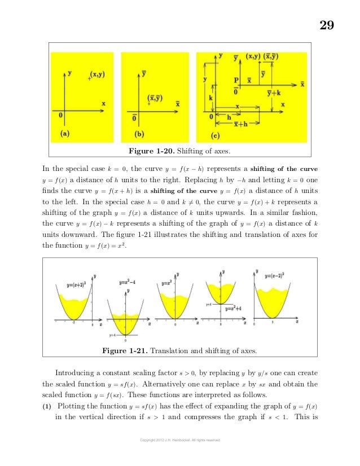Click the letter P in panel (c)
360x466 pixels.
pyautogui.click(x=236, y=81)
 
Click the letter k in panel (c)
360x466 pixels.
pyautogui.click(x=211, y=98)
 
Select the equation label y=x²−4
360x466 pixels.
pyautogui.click(x=129, y=282)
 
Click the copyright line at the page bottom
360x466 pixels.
pyautogui.click(x=181, y=439)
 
